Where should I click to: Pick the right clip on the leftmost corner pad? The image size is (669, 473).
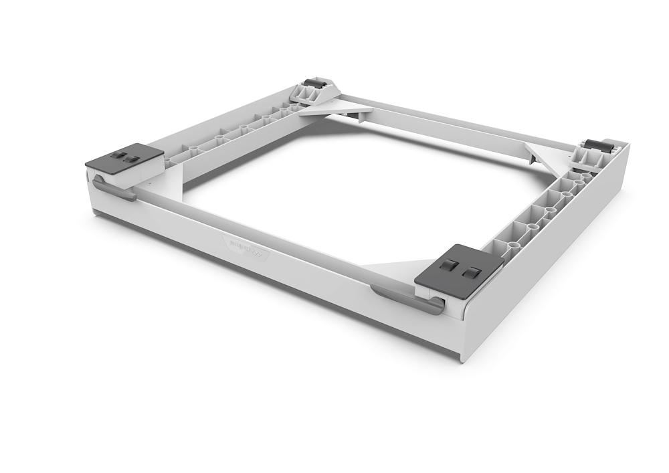[132, 159]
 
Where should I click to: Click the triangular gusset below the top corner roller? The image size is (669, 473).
[334, 108]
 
